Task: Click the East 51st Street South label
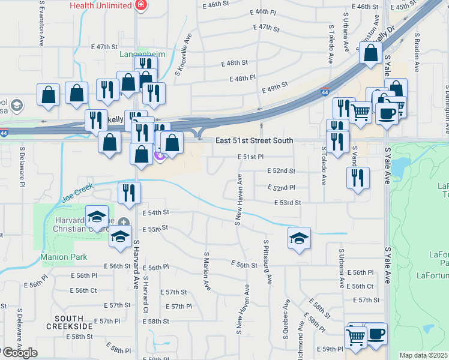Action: click(x=255, y=140)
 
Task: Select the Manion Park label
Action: click(x=64, y=257)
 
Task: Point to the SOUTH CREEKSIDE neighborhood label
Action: click(x=73, y=322)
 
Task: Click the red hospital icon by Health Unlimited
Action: click(x=141, y=5)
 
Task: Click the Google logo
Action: click(x=19, y=353)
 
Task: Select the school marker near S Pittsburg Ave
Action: click(x=299, y=239)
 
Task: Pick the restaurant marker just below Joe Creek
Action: click(x=129, y=193)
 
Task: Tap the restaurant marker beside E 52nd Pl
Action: click(x=358, y=178)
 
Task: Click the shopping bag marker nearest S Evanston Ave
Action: click(x=48, y=95)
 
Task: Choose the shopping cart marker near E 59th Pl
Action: click(x=356, y=337)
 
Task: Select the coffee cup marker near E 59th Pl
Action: click(x=376, y=334)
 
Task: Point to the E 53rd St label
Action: click(x=287, y=203)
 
